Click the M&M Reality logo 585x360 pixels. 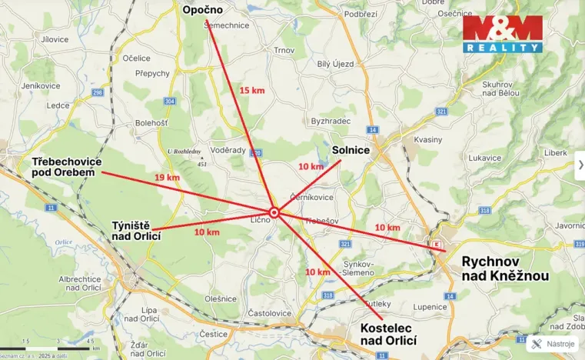[x=503, y=33]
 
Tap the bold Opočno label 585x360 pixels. [x=202, y=10]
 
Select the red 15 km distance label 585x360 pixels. [x=251, y=90]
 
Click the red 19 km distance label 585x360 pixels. [x=167, y=178]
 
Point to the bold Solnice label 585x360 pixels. [x=351, y=151]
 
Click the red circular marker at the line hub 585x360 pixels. [x=274, y=212]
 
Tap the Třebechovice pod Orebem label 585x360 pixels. [x=64, y=167]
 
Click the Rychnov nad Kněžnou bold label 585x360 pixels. [x=505, y=268]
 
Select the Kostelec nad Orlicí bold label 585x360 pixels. [x=388, y=335]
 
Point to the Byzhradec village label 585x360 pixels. [x=331, y=122]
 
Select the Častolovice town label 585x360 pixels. [x=269, y=313]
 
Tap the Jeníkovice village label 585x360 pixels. [x=42, y=85]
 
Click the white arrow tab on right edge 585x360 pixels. [x=579, y=165]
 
